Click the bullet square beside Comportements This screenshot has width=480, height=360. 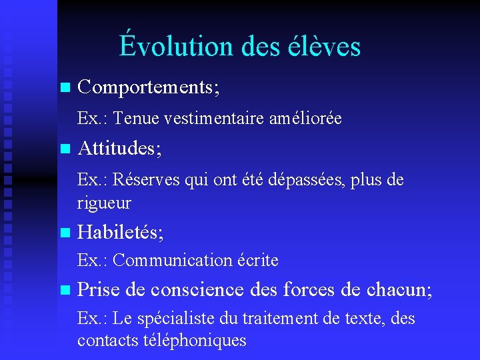pos(64,87)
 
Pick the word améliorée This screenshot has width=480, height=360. pos(305,119)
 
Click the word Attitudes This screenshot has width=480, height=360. pos(117,149)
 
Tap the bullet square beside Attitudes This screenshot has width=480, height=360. pos(64,149)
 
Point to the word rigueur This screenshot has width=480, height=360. pos(104,202)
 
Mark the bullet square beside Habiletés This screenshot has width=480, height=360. pos(64,233)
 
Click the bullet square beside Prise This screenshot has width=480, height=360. pos(64,291)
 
